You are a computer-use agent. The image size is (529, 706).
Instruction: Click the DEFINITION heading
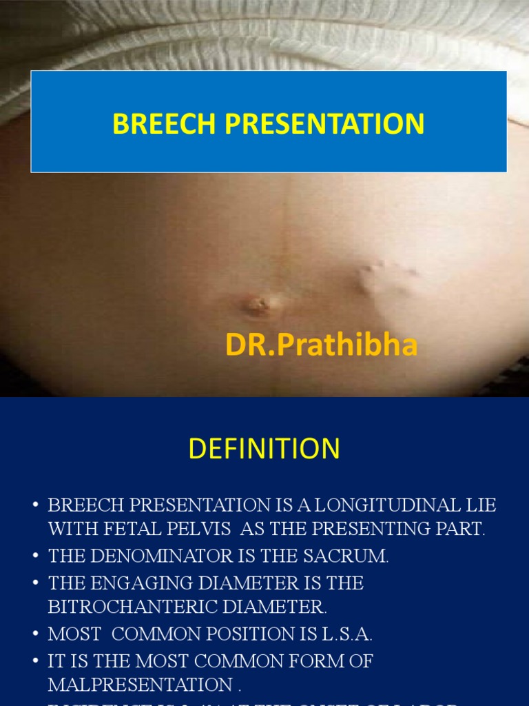click(x=264, y=449)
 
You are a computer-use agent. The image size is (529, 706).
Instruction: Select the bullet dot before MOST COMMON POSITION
click(x=35, y=635)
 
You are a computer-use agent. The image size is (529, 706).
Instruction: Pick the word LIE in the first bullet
click(x=480, y=505)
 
